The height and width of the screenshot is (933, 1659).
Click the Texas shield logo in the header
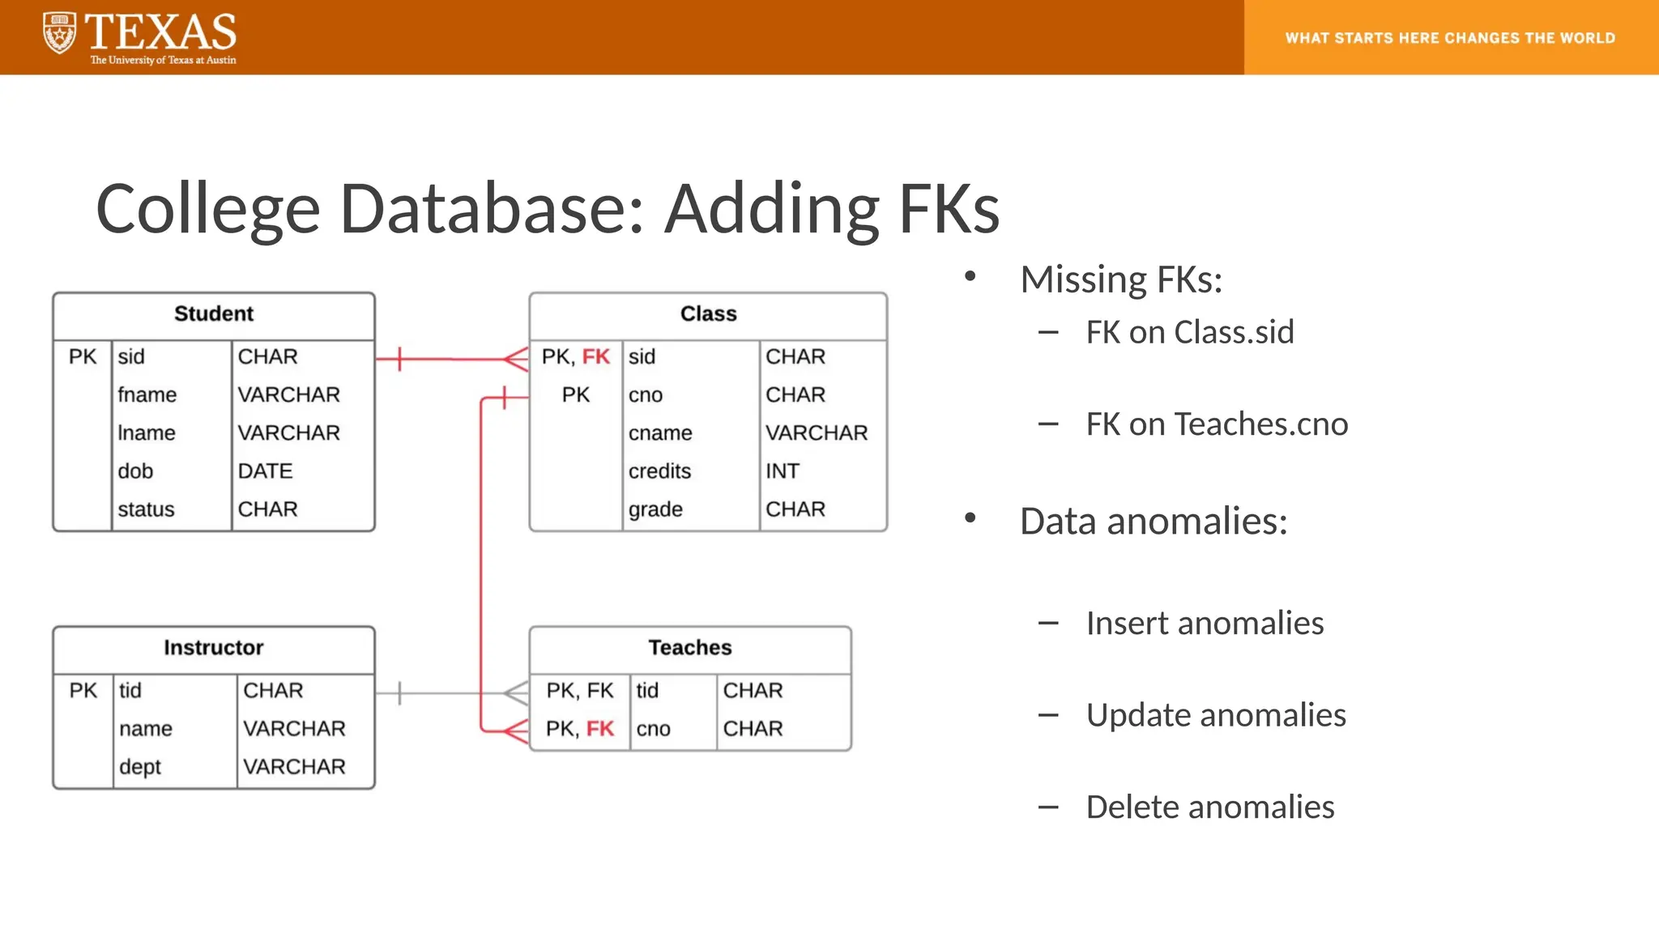(x=59, y=34)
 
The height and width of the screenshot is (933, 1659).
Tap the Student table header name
(x=214, y=314)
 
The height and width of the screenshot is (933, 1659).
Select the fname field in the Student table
(x=147, y=395)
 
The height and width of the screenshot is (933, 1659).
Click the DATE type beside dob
(x=265, y=471)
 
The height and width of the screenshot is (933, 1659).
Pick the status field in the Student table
(x=146, y=509)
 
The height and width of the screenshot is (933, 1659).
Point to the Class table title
(x=708, y=314)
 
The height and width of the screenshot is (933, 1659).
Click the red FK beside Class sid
(x=595, y=357)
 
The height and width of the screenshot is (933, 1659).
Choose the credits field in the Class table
(x=659, y=471)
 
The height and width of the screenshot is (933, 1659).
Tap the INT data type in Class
(x=783, y=471)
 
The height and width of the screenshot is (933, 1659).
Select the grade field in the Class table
(x=655, y=509)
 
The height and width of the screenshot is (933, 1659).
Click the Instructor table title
(x=214, y=648)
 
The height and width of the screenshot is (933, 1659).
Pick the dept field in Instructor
(x=140, y=767)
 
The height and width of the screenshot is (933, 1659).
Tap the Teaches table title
(x=689, y=648)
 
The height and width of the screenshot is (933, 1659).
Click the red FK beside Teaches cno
(x=600, y=729)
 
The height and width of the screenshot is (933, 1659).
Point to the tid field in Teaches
(x=647, y=691)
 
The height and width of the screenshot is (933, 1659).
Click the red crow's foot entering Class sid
(x=516, y=359)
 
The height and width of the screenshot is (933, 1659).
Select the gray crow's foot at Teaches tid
(x=516, y=692)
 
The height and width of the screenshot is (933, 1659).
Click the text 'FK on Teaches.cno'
(x=1217, y=424)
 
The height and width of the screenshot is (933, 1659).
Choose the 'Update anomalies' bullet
(x=1216, y=715)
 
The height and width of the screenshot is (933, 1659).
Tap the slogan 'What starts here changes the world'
(x=1450, y=38)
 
